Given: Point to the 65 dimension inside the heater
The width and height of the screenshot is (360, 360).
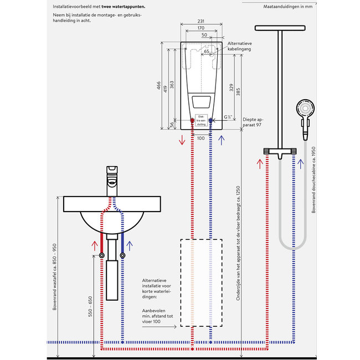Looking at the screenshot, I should click(x=206, y=52).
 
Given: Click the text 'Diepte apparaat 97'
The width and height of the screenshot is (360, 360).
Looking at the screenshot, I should click(x=253, y=122).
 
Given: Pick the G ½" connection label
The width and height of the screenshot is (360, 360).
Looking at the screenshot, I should click(x=228, y=117).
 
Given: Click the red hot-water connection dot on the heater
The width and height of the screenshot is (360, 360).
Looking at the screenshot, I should click(x=192, y=120).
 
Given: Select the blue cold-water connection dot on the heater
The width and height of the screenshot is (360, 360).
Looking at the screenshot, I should click(x=212, y=120).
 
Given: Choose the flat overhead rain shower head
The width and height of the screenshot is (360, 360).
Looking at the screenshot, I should click(x=280, y=27).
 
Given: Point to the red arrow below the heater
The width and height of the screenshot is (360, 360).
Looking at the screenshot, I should click(x=182, y=139).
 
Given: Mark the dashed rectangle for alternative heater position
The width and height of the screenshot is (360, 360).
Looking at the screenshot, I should click(x=201, y=282).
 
